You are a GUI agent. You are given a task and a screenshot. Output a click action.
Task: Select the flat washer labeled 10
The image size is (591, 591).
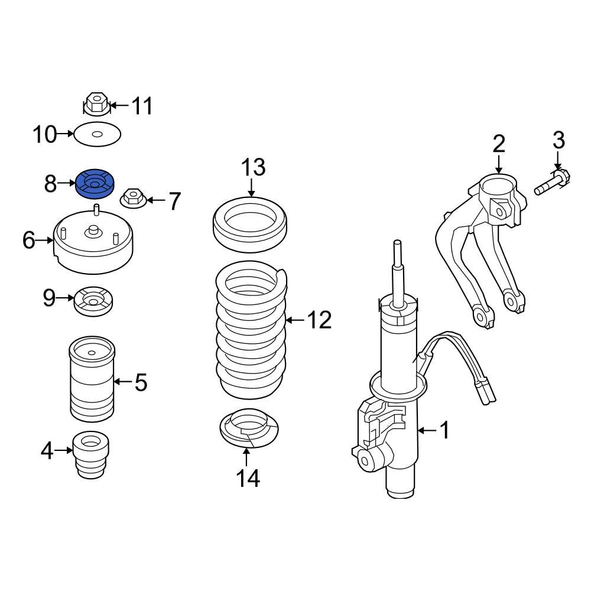97,135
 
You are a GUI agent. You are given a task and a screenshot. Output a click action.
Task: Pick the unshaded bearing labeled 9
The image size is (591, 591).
93,303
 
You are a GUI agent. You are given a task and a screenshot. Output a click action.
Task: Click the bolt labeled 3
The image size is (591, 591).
552,181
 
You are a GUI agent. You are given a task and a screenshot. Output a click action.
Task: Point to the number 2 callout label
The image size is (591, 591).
499,143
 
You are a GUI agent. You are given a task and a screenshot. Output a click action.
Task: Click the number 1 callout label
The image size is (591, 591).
444,430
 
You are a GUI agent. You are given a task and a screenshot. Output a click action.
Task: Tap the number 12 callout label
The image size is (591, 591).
319,320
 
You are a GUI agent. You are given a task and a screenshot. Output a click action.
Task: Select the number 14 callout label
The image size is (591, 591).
248,478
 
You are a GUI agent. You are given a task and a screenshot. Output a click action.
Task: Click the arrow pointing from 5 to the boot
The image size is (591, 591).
123,382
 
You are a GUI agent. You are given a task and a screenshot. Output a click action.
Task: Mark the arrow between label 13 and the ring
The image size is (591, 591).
251,188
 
